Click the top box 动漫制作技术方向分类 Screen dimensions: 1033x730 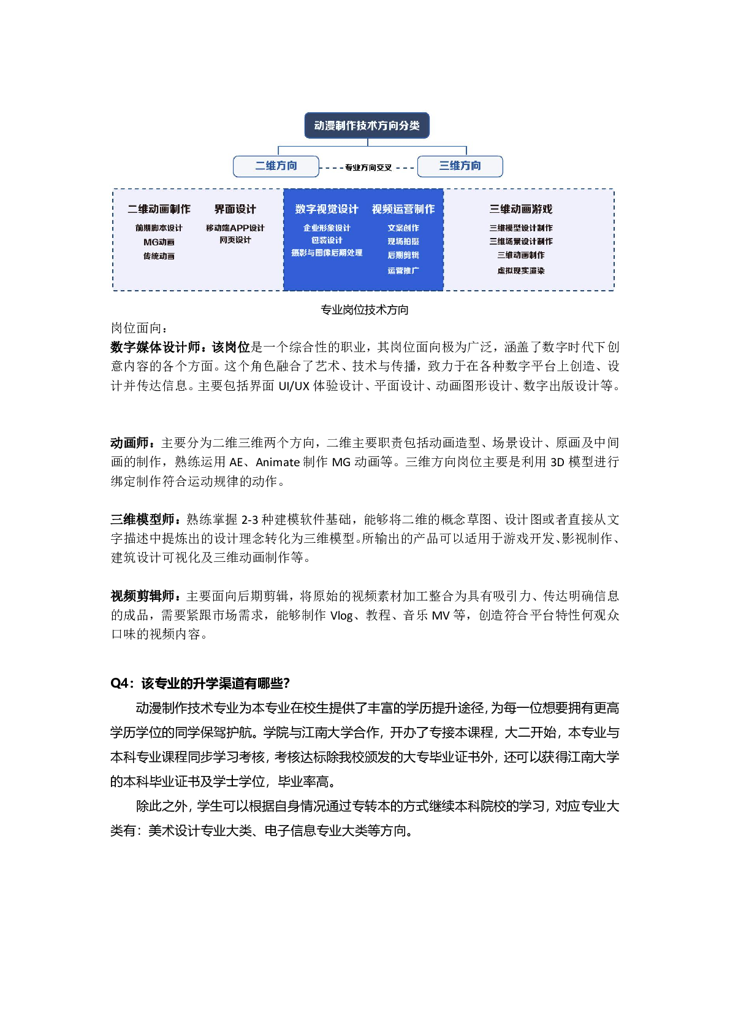pos(367,126)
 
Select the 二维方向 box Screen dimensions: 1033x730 pos(276,166)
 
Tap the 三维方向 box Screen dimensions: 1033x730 pos(460,166)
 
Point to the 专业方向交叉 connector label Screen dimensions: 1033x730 pos(368,167)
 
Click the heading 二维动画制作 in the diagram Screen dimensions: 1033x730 pos(159,209)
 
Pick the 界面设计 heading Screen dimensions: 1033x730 pos(235,209)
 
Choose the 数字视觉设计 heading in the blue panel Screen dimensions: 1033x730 pos(327,209)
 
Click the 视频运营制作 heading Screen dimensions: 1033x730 pos(403,209)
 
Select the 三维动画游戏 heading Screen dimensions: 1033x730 pos(521,209)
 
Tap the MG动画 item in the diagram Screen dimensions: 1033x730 pos(159,242)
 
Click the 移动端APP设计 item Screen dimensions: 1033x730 pos(235,228)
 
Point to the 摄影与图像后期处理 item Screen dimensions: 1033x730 pos(327,253)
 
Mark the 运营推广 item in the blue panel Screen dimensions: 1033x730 pos(403,271)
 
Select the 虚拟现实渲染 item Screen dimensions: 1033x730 pos(521,271)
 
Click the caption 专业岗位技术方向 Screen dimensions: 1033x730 pos(365,310)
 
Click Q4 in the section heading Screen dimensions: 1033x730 pos(120,683)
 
